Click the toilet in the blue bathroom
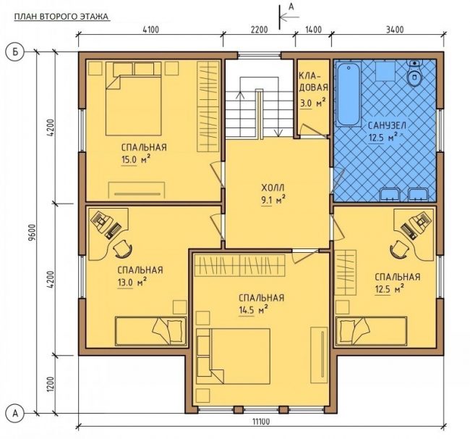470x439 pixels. coord(415,73)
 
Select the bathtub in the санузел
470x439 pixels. coord(349,94)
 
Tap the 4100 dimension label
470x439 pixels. coord(150,30)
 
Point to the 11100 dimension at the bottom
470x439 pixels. coord(261,422)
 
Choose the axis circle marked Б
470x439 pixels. coord(14,52)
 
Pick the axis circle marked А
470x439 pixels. coord(14,413)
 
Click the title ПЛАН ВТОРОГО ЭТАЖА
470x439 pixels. coord(61,17)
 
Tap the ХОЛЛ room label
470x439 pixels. coord(273,188)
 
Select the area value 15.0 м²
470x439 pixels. coord(136,159)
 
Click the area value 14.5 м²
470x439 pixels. coord(253,309)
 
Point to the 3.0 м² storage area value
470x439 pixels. coord(312,103)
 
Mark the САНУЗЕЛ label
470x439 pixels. coord(387,125)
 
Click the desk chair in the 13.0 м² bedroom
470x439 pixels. coord(123,248)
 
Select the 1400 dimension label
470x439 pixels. coord(313,30)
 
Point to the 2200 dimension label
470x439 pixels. coord(259,30)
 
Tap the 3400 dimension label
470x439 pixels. coord(395,30)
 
